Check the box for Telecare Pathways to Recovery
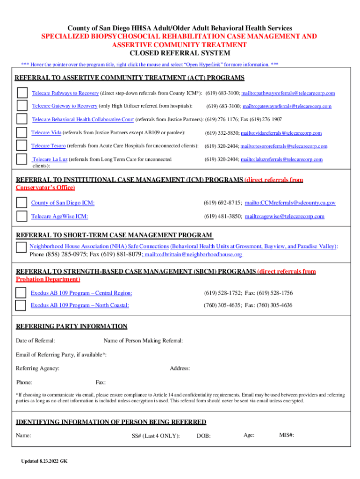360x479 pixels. coord(22,93)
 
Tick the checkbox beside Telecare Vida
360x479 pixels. coord(22,133)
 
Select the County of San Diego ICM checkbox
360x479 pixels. coord(22,203)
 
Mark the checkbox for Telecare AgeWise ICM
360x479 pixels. coord(22,216)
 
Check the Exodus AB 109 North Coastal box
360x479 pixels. coord(21,305)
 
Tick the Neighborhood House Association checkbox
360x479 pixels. coord(21,247)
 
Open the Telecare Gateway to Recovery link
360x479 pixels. coord(65,106)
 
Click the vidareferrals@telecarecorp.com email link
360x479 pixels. coord(281,133)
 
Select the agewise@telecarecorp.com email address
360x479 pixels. coord(284,217)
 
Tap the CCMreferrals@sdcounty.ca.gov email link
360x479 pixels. coord(290,203)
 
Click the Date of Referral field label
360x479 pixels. coord(36,341)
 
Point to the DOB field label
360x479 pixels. coord(203,436)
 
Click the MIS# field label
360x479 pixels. coord(287,435)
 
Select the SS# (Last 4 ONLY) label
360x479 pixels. coord(156,436)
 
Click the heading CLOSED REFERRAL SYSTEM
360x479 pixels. coord(180,53)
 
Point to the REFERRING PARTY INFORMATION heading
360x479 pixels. coord(72,327)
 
